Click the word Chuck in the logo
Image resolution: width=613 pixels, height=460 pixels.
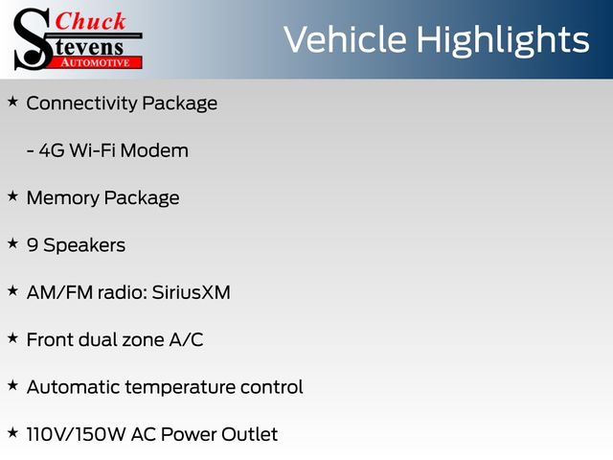(90, 21)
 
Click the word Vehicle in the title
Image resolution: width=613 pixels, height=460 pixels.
(345, 40)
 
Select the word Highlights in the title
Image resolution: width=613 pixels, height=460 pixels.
(502, 40)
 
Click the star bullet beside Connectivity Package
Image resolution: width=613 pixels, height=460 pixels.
(12, 103)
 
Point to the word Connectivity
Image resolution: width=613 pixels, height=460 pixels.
(81, 103)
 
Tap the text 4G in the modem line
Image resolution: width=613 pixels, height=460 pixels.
(52, 150)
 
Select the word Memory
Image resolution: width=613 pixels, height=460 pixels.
(63, 198)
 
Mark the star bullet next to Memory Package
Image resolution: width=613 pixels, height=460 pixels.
(12, 196)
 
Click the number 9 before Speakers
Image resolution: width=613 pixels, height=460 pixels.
(33, 245)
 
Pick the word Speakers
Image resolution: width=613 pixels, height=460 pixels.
(84, 245)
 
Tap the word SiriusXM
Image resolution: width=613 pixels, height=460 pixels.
(192, 292)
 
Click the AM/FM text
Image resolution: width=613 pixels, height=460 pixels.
(59, 292)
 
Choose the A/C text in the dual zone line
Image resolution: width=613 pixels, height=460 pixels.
(186, 339)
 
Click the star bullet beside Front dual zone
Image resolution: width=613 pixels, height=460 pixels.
(12, 338)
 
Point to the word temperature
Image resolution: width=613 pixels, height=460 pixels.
(180, 387)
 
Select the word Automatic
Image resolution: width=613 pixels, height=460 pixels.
(74, 387)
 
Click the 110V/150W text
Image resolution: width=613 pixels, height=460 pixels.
(77, 434)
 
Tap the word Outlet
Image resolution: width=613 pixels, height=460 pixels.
(249, 434)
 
